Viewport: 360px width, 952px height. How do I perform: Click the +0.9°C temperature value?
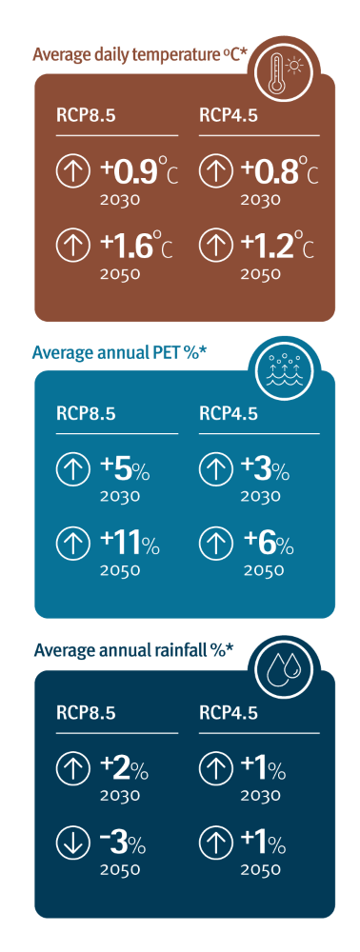click(x=138, y=173)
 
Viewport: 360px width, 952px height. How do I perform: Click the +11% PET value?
click(x=131, y=545)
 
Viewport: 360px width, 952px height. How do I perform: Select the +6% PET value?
click(x=269, y=545)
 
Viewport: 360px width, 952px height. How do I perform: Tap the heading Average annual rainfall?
click(x=133, y=652)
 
